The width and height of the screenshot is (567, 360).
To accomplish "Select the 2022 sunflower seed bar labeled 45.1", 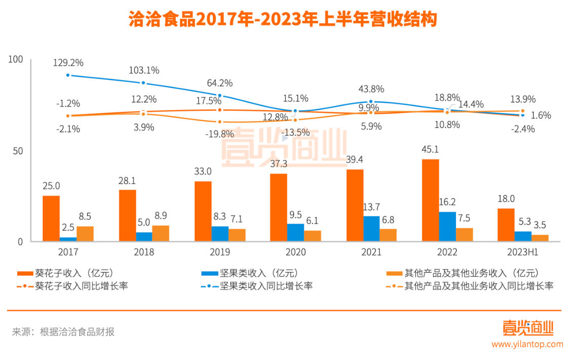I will click(430, 200).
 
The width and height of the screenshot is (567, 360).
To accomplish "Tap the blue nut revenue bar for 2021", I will click(371, 229).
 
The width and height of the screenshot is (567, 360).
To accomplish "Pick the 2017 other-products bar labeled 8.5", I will click(85, 234).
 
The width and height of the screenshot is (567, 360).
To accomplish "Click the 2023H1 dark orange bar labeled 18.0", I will click(506, 225).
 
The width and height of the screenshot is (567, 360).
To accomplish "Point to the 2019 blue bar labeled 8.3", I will click(220, 234).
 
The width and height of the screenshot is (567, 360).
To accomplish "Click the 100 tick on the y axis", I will click(17, 60).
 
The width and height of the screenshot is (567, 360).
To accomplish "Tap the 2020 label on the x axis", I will click(296, 252).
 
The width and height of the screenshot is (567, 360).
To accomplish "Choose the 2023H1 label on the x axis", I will click(523, 252).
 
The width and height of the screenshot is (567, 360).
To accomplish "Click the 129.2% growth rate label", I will click(68, 63).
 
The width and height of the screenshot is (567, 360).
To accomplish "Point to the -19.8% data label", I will click(219, 134).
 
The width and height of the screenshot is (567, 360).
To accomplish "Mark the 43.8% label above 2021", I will click(371, 89).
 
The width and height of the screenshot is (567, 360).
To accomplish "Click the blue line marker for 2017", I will click(68, 75).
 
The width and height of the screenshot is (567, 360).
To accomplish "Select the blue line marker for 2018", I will click(144, 83).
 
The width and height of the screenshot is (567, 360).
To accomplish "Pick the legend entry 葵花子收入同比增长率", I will click(81, 286).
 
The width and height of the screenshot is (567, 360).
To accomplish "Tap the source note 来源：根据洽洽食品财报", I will click(63, 332).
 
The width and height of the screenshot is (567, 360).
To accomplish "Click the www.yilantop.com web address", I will click(527, 344).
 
